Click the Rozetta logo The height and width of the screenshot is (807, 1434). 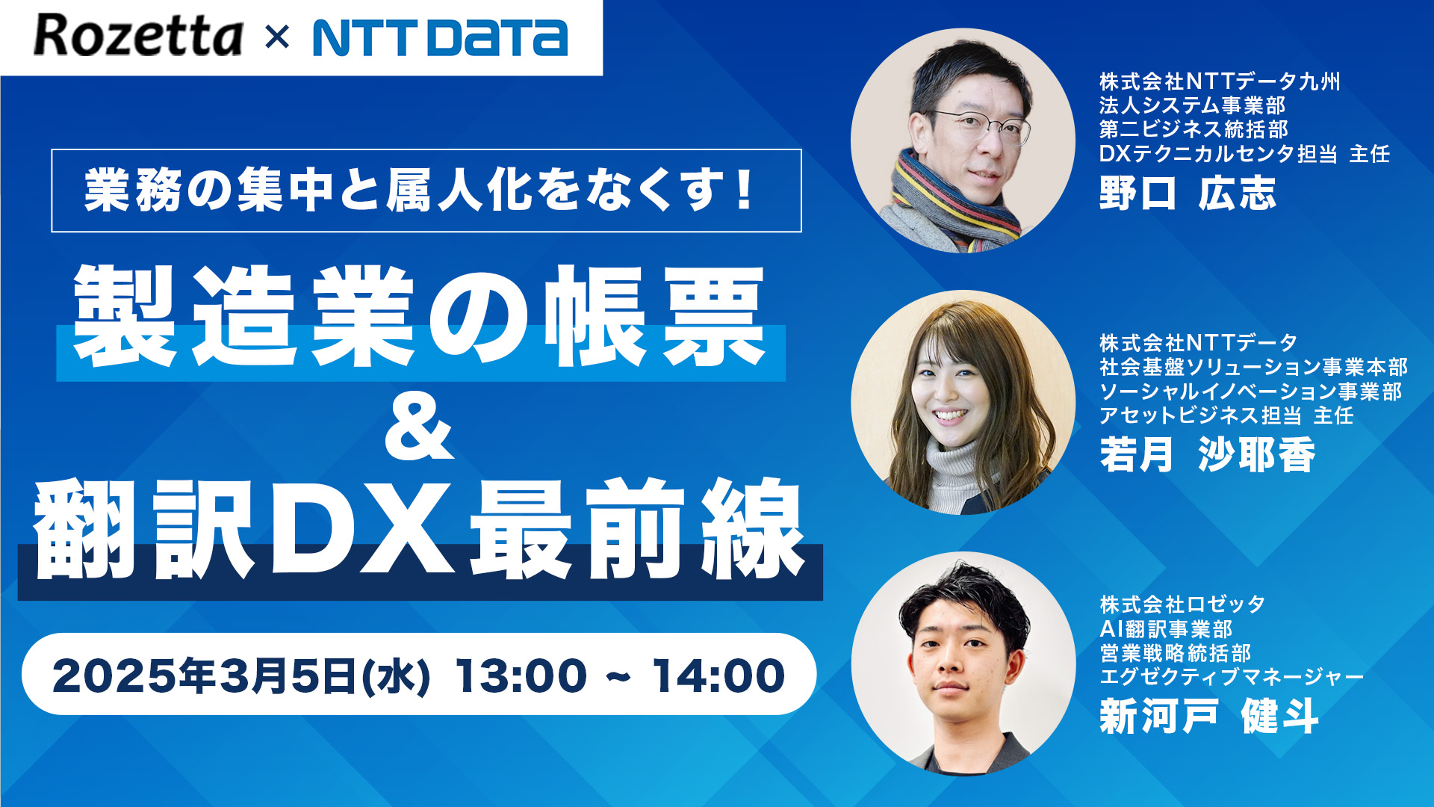(x=138, y=37)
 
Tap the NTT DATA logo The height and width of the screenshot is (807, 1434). (x=440, y=38)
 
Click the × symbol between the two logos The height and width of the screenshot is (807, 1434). (x=277, y=37)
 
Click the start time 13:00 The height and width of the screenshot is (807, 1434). (x=521, y=675)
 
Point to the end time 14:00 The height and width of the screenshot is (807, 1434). (x=718, y=675)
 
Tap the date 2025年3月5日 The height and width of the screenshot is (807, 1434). (x=204, y=675)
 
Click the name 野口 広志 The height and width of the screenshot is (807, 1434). (x=1188, y=193)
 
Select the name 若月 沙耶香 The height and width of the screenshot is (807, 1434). (x=1207, y=454)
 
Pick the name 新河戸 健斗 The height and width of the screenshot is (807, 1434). (x=1209, y=716)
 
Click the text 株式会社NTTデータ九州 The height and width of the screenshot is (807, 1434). (x=1220, y=81)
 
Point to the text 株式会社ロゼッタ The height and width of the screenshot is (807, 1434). (x=1182, y=604)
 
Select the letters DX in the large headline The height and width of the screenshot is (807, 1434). (x=364, y=528)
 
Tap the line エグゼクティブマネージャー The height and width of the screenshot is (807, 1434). (x=1232, y=677)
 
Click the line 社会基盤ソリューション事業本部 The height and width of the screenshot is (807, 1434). (x=1253, y=367)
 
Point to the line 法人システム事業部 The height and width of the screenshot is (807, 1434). (x=1193, y=105)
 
